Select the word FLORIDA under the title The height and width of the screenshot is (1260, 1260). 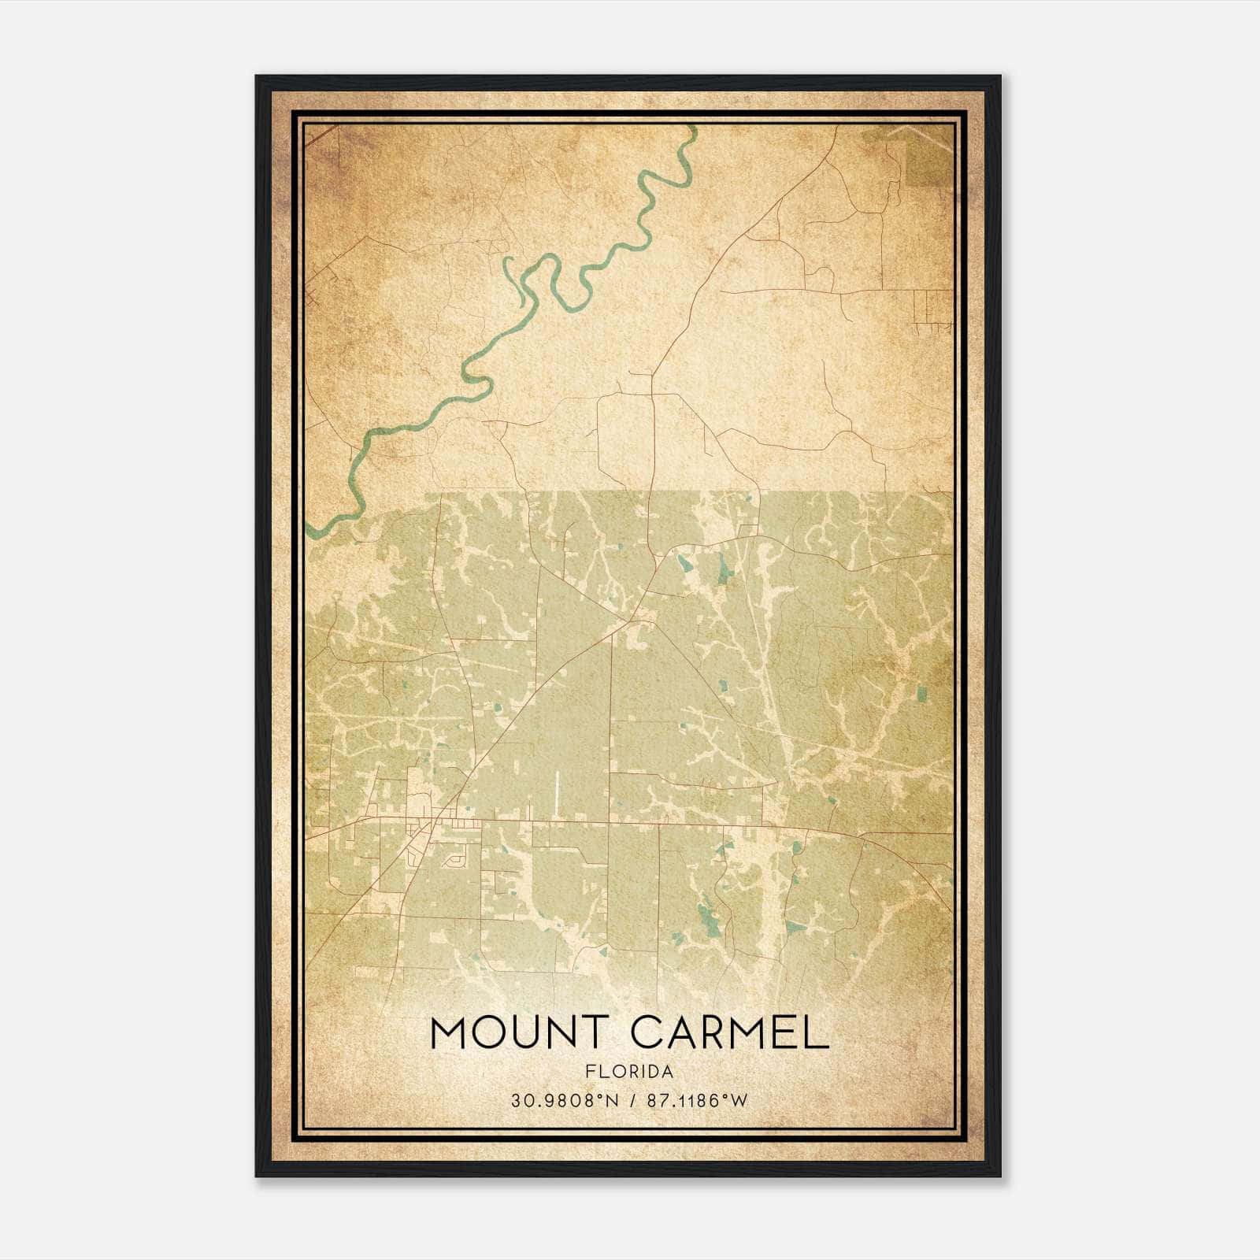629,1072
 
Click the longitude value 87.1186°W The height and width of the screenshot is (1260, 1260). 696,1101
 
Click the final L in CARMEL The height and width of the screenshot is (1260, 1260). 818,1032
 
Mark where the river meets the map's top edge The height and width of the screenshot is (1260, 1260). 692,127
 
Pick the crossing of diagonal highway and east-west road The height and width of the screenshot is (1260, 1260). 434,822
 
